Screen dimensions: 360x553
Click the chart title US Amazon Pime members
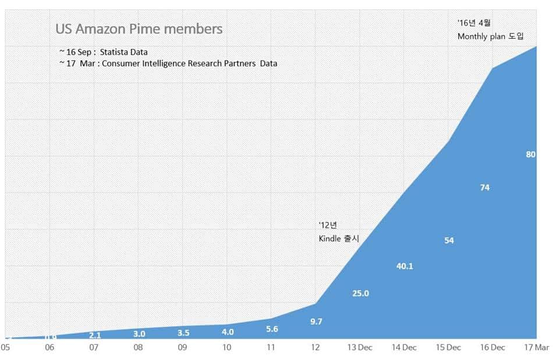click(x=139, y=29)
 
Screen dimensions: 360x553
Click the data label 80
click(x=530, y=154)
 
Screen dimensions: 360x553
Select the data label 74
click(x=484, y=187)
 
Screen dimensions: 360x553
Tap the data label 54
click(x=449, y=240)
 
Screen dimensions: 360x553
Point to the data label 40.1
click(x=405, y=266)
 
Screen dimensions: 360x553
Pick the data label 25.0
click(x=360, y=293)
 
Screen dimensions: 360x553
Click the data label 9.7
click(x=316, y=321)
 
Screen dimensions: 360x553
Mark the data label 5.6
click(x=271, y=329)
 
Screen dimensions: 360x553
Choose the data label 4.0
click(x=228, y=332)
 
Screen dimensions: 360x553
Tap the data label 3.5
click(x=183, y=333)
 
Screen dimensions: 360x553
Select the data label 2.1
click(x=94, y=335)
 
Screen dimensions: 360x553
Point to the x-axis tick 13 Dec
click(x=360, y=347)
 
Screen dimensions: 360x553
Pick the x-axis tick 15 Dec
click(x=448, y=347)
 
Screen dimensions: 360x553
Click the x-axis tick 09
click(x=182, y=347)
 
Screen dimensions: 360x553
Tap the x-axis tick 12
click(x=315, y=347)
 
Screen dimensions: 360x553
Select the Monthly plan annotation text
click(x=491, y=36)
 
